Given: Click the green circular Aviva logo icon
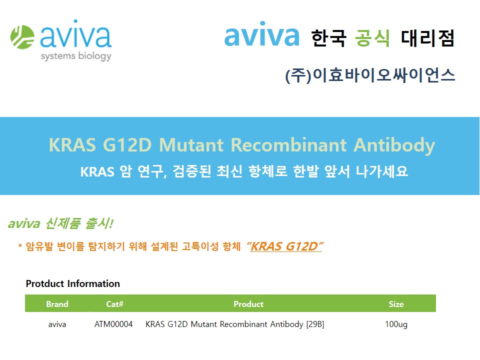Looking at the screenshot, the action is click(22, 37).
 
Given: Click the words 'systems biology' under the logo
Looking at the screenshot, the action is click(76, 56).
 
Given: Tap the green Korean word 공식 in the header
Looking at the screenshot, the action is click(372, 38).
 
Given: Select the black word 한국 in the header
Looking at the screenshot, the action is click(328, 38).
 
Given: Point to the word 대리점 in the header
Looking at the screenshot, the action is click(427, 38).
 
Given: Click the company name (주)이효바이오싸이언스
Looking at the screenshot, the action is click(370, 75).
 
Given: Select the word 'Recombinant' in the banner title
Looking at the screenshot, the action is click(289, 145).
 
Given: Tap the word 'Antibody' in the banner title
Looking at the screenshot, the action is click(394, 145).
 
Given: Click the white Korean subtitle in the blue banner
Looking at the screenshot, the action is click(244, 171).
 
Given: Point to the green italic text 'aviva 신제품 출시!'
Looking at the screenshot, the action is click(60, 223).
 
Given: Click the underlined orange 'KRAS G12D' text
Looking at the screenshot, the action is click(284, 246).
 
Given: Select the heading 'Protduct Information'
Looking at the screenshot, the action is click(73, 283).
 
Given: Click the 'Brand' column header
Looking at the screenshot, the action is click(57, 304).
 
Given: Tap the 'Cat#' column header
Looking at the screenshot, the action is click(115, 304).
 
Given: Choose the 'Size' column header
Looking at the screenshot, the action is click(396, 304).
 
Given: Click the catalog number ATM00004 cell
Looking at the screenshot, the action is click(113, 324).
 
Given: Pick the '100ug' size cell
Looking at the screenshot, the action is click(396, 324).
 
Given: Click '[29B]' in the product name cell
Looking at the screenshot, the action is click(315, 324).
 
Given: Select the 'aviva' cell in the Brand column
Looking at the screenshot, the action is click(57, 324).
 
